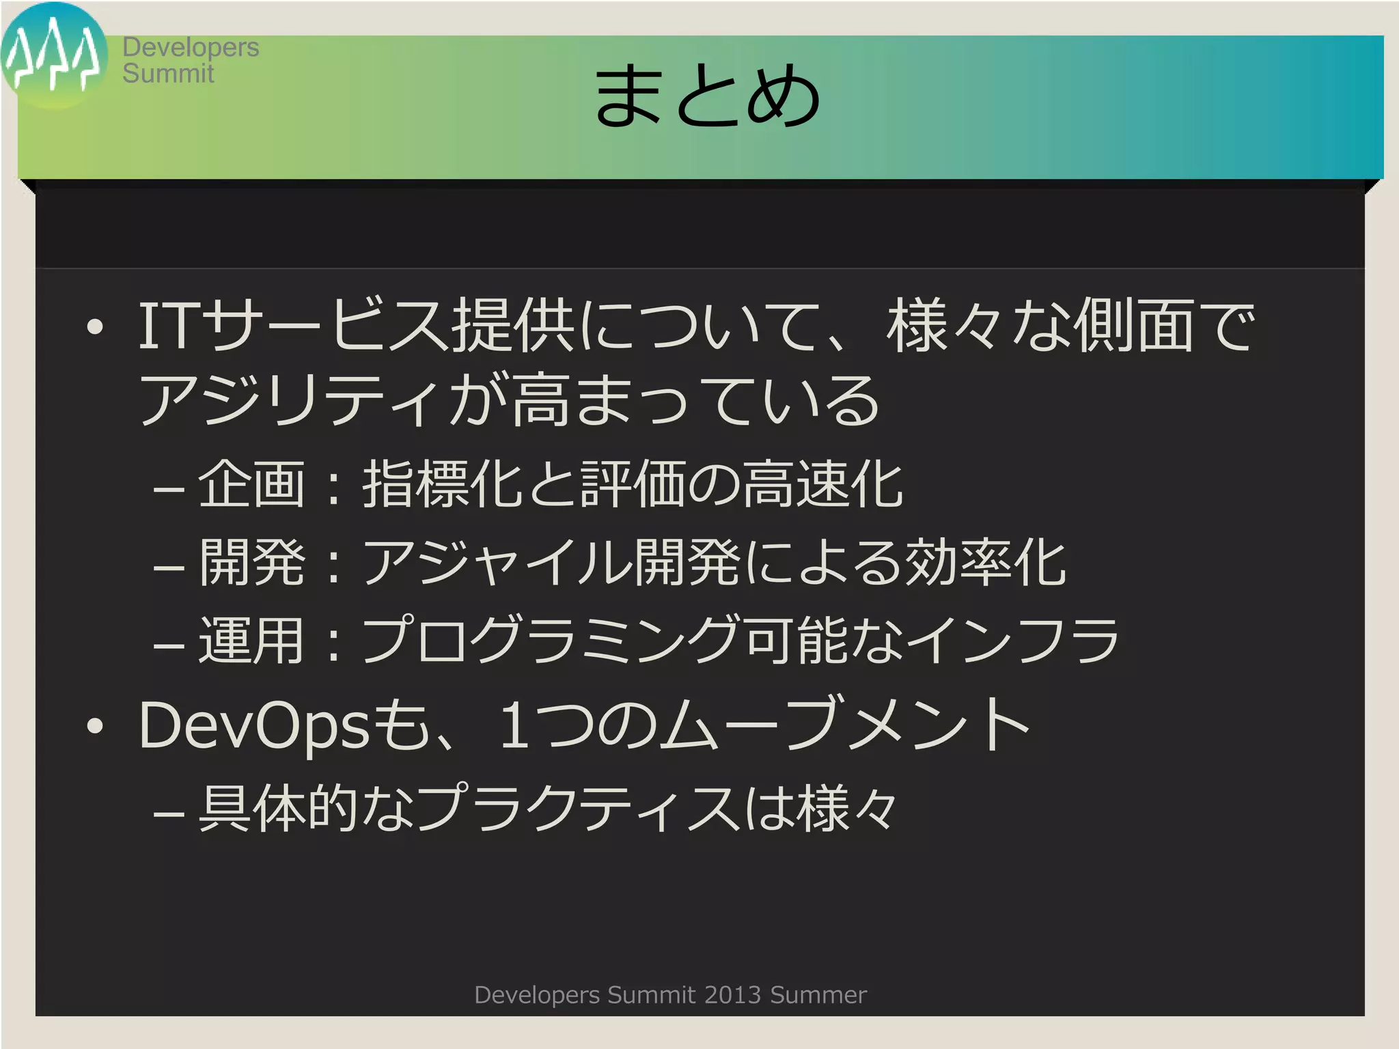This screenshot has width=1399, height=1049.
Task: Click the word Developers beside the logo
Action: pos(191,47)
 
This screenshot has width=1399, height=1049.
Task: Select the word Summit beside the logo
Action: pos(168,73)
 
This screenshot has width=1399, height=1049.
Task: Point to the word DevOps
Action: pos(254,725)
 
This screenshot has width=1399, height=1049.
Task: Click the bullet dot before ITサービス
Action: pos(95,327)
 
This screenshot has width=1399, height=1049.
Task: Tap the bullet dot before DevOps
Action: pos(95,727)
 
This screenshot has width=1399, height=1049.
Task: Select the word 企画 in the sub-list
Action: pos(251,484)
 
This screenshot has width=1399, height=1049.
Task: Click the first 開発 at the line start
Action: pos(251,562)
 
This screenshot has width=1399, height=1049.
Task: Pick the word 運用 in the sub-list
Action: pos(251,641)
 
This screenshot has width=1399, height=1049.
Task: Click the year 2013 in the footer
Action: pos(732,995)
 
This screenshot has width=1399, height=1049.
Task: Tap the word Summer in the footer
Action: pos(818,995)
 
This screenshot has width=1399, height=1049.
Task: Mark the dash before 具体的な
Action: pos(169,813)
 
